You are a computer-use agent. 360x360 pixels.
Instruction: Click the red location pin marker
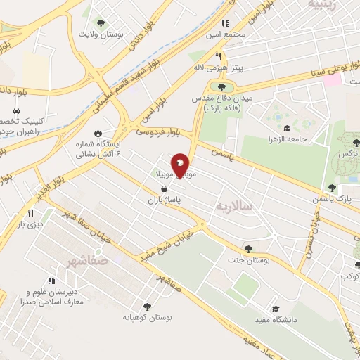(x=181, y=165)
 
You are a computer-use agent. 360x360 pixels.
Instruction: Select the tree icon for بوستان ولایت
(x=98, y=22)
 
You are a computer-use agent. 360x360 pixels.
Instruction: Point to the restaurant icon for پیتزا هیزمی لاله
(x=219, y=56)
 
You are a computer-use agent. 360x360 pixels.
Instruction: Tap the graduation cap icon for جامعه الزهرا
(x=287, y=128)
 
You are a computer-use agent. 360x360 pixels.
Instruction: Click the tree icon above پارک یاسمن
(x=332, y=188)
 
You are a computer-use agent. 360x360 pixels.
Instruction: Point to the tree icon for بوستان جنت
(x=247, y=248)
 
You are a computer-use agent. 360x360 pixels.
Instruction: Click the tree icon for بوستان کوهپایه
(x=147, y=306)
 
